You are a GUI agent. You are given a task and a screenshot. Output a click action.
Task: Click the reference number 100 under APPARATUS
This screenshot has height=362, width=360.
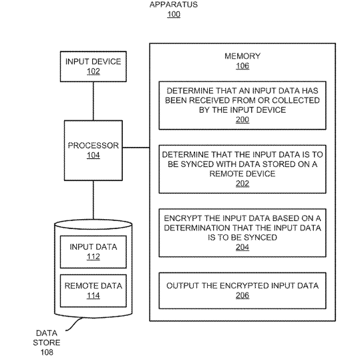[174, 14]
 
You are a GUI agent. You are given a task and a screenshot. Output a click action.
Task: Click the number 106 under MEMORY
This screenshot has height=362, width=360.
[242, 66]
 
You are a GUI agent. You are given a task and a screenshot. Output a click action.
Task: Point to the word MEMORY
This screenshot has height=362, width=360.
[242, 56]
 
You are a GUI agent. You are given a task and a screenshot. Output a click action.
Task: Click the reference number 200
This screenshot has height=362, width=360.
[242, 120]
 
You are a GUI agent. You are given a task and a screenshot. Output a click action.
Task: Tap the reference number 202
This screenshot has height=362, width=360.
[242, 184]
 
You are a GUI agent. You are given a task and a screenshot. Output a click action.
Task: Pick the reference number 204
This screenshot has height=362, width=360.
[242, 247]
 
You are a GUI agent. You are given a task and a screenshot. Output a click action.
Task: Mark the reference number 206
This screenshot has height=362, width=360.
[242, 295]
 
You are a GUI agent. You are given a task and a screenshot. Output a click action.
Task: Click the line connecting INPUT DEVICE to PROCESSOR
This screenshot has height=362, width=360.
[94, 101]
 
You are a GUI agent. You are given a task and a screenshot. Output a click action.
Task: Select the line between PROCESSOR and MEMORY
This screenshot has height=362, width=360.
[136, 148]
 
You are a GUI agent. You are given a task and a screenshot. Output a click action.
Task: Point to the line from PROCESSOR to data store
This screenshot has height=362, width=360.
[94, 200]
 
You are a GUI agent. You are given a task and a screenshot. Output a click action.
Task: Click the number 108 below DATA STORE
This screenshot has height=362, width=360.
[47, 352]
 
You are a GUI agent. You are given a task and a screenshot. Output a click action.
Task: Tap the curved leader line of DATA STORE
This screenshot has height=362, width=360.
[74, 324]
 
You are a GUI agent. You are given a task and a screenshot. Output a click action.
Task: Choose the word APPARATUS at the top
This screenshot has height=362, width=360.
[174, 5]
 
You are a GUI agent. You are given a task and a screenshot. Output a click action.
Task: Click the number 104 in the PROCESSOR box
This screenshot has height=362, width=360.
[94, 155]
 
